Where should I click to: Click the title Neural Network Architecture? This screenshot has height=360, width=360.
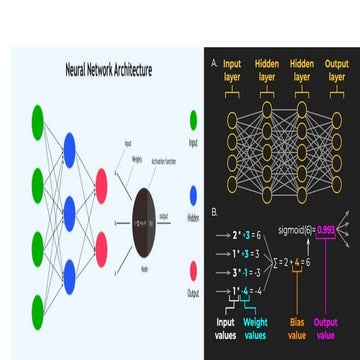[108, 72]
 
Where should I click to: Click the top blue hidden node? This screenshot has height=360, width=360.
[69, 150]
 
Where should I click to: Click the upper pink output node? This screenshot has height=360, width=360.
[101, 182]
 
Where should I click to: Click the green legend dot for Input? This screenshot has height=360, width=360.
[193, 122]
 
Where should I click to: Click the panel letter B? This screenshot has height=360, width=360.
[214, 212]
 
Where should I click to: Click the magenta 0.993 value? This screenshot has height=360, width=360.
[325, 230]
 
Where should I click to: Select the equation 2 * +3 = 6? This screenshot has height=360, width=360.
[246, 236]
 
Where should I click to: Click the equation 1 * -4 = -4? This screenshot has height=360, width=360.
[246, 290]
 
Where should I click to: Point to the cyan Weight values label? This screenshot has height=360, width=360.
[256, 328]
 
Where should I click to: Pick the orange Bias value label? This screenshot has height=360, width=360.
[297, 328]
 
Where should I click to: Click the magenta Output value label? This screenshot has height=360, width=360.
[325, 328]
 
